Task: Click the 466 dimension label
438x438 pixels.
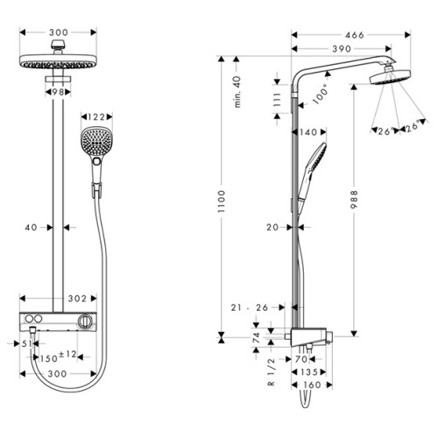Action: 355,35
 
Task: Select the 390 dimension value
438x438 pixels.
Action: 342,48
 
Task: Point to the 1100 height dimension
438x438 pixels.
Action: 222,201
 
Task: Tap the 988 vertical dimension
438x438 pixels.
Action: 354,200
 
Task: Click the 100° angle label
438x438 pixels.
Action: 321,94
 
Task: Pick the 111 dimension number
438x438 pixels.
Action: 277,100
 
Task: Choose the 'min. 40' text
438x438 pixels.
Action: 237,92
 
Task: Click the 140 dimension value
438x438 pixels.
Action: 308,132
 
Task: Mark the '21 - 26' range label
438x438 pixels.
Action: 250,307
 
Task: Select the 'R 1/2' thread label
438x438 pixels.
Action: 272,372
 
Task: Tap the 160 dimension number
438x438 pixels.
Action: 312,385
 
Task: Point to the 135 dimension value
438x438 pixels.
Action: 308,372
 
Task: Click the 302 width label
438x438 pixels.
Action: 77,299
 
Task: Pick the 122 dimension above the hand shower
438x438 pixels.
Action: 96,117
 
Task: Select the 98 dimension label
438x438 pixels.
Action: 58,92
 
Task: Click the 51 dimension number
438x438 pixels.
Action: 27,343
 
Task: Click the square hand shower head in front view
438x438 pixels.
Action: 96,142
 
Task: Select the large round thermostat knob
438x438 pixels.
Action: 86,321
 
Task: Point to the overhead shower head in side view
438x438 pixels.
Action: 390,77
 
